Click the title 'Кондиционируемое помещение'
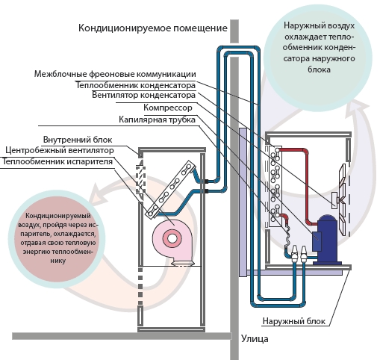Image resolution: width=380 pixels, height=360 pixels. pyautogui.click(x=153, y=28)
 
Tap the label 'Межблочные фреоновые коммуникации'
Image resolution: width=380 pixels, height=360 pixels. pyautogui.click(x=115, y=74)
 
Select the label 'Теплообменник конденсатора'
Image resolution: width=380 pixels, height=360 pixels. pyautogui.click(x=136, y=85)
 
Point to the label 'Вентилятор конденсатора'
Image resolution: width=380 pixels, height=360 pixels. pyautogui.click(x=143, y=95)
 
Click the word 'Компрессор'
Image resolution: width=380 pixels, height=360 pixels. pyautogui.click(x=168, y=108)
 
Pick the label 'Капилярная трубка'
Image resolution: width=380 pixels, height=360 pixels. pyautogui.click(x=157, y=120)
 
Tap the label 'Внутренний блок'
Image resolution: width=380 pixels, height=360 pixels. pyautogui.click(x=78, y=140)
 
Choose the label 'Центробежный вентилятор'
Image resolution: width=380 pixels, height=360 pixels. pyautogui.click(x=60, y=150)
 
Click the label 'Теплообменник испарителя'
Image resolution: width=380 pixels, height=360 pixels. pyautogui.click(x=57, y=161)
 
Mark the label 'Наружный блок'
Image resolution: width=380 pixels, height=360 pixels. pyautogui.click(x=294, y=321)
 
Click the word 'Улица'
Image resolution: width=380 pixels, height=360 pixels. pyautogui.click(x=255, y=339)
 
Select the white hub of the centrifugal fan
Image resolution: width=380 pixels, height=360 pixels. pyautogui.click(x=172, y=238)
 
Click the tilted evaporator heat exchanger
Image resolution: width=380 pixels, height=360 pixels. pyautogui.click(x=172, y=189)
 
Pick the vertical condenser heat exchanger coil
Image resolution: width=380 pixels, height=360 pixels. pyautogui.click(x=275, y=186)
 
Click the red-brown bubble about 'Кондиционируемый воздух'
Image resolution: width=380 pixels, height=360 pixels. pyautogui.click(x=57, y=238)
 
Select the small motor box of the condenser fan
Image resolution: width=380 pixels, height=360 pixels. pyautogui.click(x=334, y=200)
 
